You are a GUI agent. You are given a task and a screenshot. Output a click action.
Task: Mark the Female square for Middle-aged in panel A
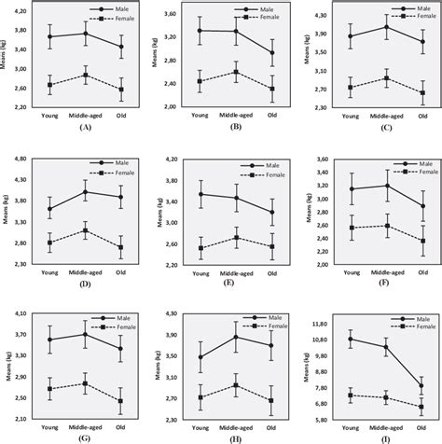(86, 75)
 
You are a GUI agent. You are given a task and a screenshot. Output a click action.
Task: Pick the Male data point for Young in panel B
(200, 31)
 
